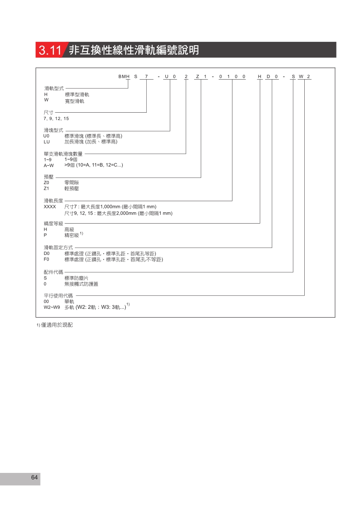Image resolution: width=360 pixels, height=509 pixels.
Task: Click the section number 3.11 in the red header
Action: [x=50, y=50]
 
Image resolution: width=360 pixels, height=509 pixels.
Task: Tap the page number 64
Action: [x=34, y=477]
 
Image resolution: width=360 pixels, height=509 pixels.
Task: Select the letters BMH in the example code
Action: [x=124, y=77]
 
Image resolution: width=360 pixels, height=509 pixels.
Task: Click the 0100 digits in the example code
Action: [x=232, y=77]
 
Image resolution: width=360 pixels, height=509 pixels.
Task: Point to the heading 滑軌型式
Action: [x=54, y=88]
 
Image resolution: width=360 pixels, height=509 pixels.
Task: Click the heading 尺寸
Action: [x=48, y=112]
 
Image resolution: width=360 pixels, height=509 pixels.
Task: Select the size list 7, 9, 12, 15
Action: [x=56, y=118]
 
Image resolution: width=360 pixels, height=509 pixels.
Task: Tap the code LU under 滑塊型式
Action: [x=47, y=142]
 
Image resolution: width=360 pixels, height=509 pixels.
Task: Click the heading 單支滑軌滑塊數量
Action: [x=63, y=154]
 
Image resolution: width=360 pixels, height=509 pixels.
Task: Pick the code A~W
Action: [x=49, y=166]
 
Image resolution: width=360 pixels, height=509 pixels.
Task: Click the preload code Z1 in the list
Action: [x=47, y=189]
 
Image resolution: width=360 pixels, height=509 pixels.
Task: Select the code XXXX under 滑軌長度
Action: [x=50, y=207]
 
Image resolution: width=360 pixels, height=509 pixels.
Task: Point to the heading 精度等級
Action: [x=54, y=223]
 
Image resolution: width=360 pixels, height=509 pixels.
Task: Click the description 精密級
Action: [x=71, y=235]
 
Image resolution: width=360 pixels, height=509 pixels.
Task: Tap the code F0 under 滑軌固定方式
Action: [x=47, y=259]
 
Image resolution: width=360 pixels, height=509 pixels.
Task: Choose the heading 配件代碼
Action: [x=54, y=272]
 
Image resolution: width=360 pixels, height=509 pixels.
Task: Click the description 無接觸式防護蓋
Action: [x=81, y=284]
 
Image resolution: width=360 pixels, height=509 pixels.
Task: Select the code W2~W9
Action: [x=52, y=307]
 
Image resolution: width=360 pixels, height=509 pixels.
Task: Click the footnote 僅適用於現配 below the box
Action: [x=57, y=325]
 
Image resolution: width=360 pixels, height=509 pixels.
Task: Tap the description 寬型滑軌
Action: [x=74, y=101]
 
